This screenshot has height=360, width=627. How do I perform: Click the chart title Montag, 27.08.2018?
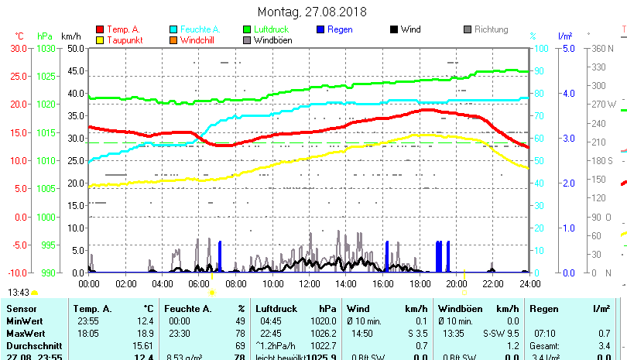click(x=313, y=12)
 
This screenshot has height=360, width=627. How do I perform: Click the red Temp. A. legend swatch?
click(x=100, y=29)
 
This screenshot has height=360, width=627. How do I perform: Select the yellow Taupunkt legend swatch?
click(x=100, y=40)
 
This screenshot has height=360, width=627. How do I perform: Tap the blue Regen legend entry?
click(x=337, y=29)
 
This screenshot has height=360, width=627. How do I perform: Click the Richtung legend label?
click(x=491, y=29)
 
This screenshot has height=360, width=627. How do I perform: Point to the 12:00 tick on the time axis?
click(x=308, y=283)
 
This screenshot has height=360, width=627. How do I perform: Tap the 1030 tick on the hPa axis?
click(x=46, y=48)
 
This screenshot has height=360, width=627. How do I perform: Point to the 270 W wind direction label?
click(x=605, y=104)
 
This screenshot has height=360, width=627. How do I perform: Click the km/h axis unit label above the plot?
click(x=70, y=36)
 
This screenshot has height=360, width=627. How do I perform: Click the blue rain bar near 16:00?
click(x=387, y=256)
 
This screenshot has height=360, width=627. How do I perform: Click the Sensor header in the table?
click(x=21, y=309)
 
